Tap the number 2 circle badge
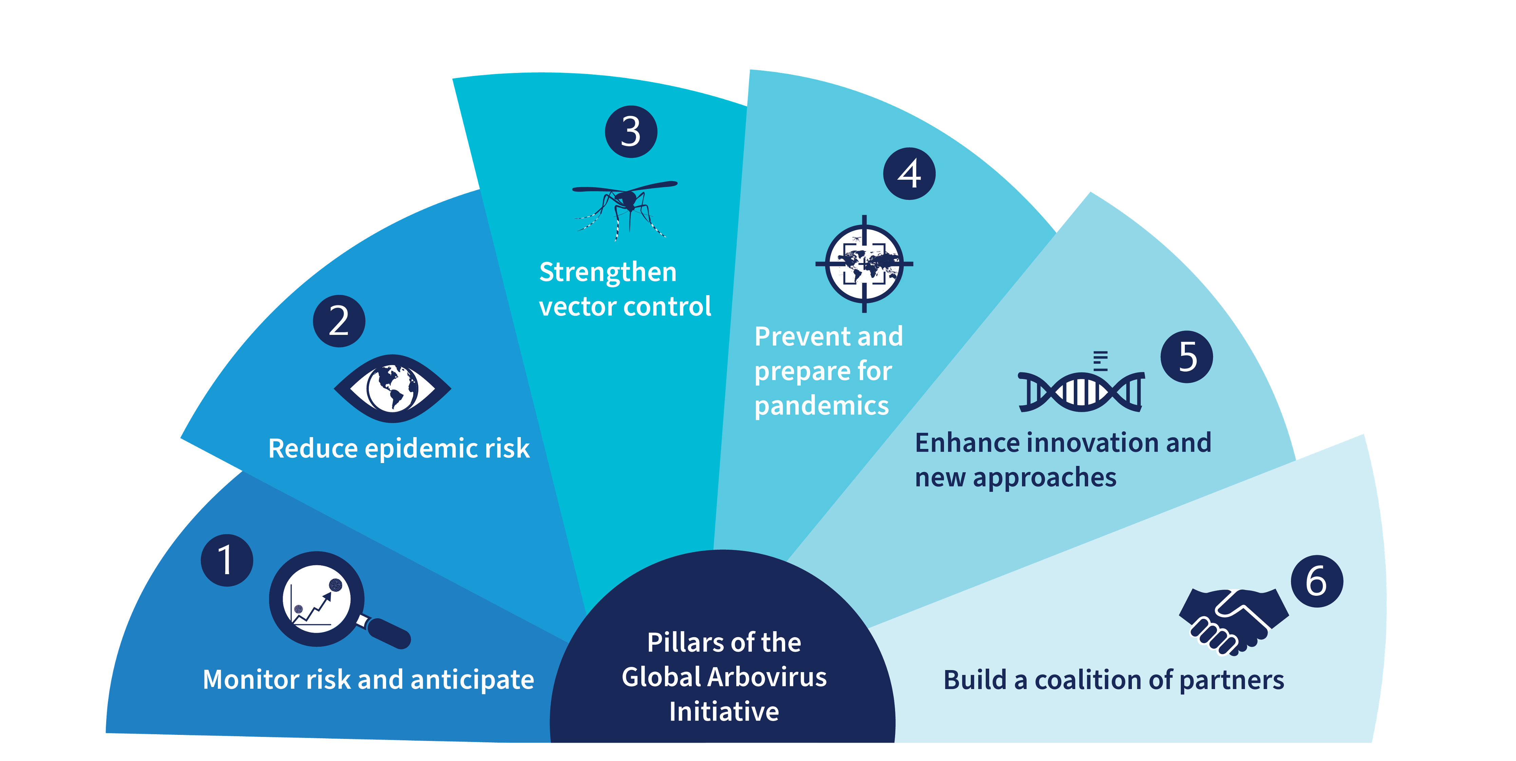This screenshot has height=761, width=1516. pos(339,321)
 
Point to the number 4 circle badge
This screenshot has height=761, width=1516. pos(909,174)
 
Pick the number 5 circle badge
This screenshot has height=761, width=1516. pos(1187,357)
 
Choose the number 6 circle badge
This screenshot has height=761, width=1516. pos(1317,581)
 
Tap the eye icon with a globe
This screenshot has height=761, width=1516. pos(393,388)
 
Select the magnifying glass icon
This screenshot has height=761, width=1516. pos(329,600)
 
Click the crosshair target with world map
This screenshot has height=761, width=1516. pos(864,264)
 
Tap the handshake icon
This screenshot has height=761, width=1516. pos(1233,621)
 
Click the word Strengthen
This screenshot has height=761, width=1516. pos(608,272)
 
